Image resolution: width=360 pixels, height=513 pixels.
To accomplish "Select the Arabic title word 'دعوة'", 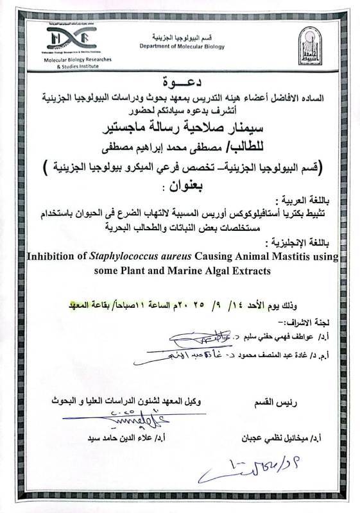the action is tap(182, 83).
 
